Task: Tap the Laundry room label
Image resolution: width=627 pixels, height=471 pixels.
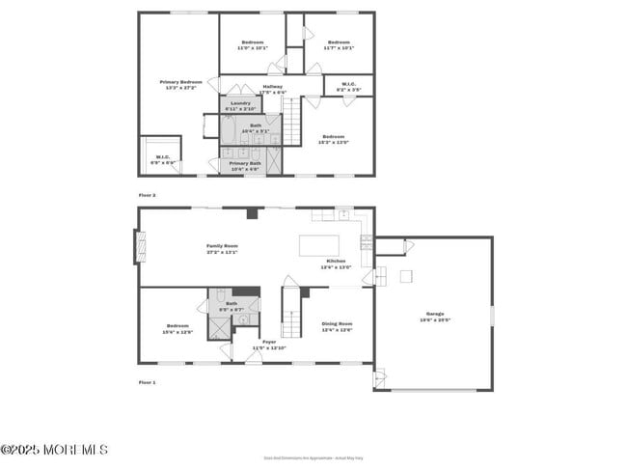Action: click(240, 103)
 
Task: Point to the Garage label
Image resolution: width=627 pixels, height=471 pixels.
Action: click(435, 314)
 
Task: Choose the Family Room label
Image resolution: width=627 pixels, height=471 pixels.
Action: click(222, 247)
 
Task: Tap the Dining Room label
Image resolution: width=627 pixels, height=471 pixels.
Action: click(336, 327)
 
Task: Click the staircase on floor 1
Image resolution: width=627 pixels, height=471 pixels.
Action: click(290, 309)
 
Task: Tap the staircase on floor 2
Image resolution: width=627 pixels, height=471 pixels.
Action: click(292, 118)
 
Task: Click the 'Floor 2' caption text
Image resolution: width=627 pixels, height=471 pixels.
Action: click(147, 195)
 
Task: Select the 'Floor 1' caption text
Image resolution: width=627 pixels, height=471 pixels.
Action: click(147, 382)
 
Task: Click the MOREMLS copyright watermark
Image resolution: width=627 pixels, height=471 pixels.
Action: click(55, 450)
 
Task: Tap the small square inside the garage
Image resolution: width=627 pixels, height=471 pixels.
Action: click(407, 276)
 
